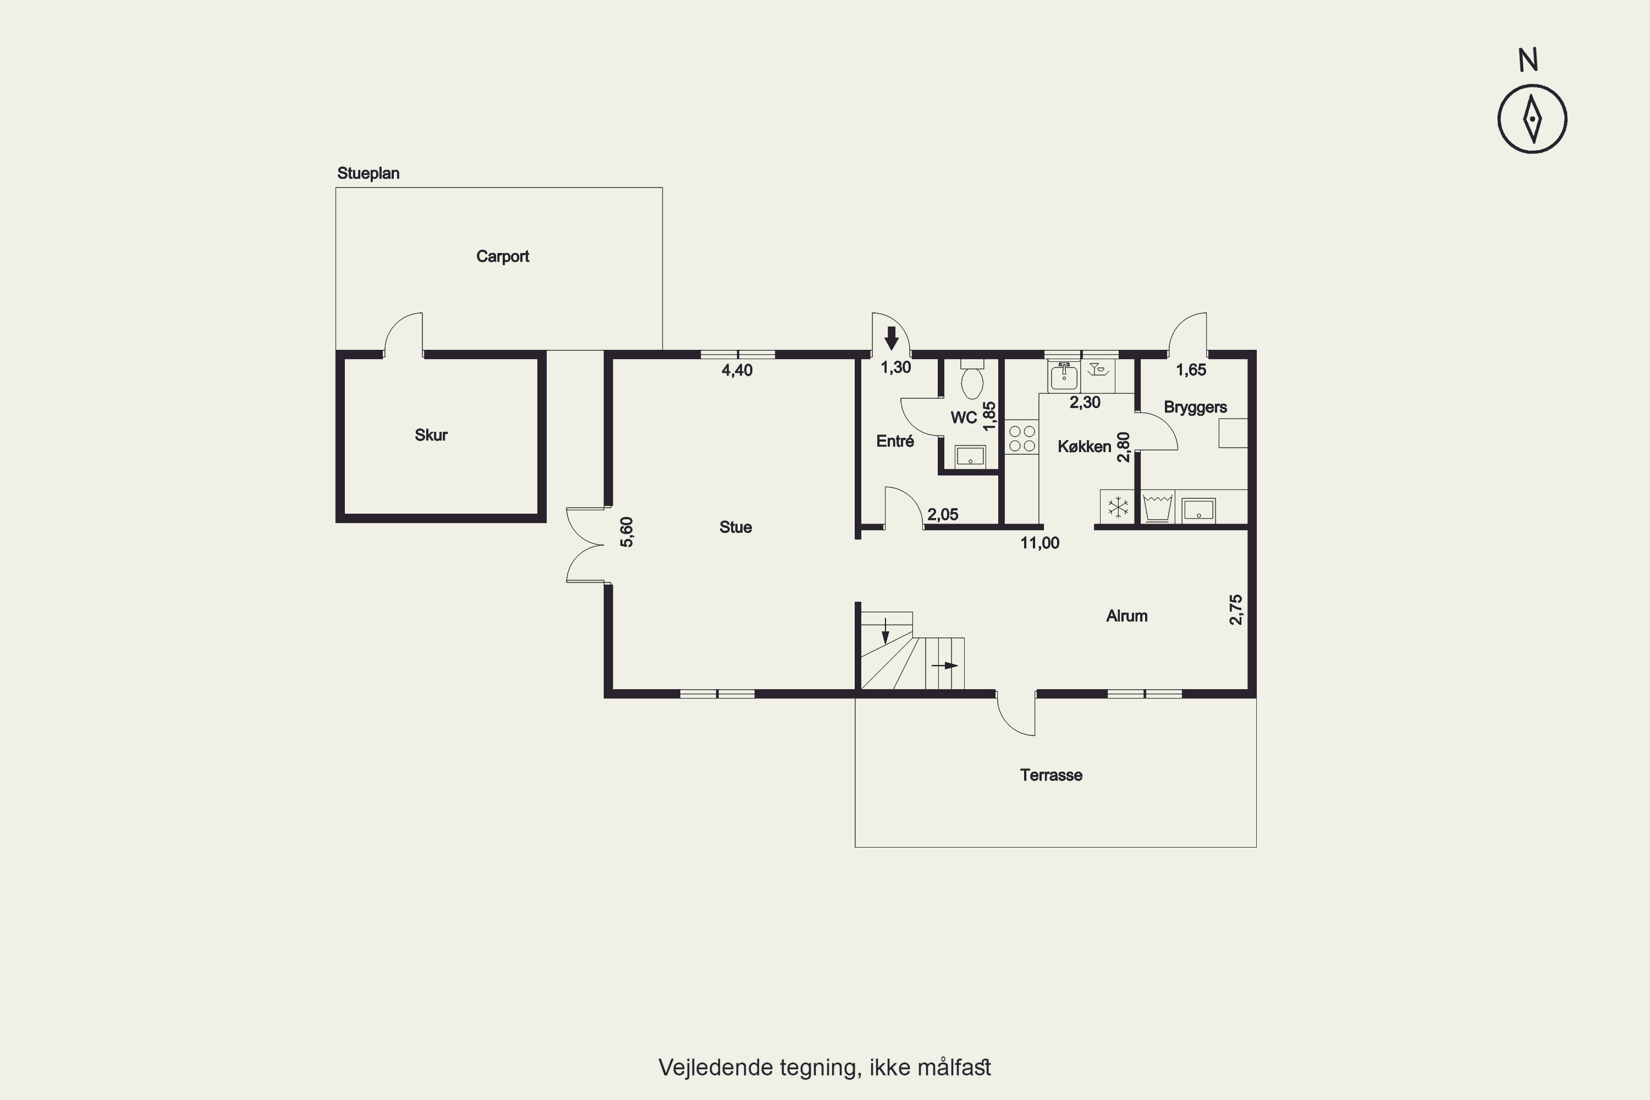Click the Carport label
[502, 257]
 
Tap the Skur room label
[431, 435]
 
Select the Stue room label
[735, 527]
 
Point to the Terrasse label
[1051, 775]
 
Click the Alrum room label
[1126, 616]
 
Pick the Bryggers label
[1195, 408]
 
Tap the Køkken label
[1084, 447]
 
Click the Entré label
[895, 441]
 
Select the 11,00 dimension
[1039, 543]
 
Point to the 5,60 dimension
[626, 532]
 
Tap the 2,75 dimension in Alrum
[1235, 609]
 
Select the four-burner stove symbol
[1021, 438]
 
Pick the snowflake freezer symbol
[1117, 507]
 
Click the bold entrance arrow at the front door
[891, 338]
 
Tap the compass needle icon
[1533, 119]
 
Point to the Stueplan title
[369, 173]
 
